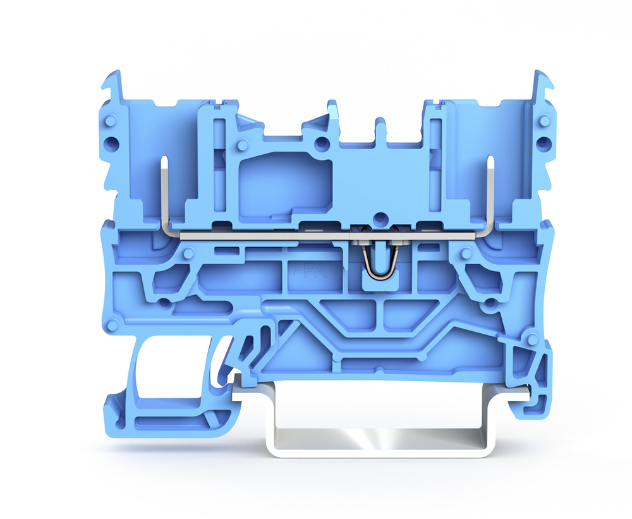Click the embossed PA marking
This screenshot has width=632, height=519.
315,271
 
